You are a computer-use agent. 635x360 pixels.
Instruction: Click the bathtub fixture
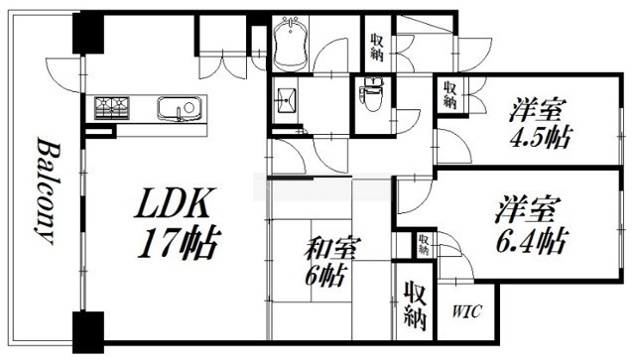(x=290, y=44)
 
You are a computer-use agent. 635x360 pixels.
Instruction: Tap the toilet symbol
(x=373, y=97)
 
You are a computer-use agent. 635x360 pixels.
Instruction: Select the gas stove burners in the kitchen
(x=111, y=108)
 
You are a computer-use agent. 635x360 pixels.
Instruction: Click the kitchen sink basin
(x=179, y=108)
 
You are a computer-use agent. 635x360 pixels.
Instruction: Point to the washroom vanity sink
(x=286, y=100)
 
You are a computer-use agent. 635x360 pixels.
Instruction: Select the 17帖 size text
(x=179, y=243)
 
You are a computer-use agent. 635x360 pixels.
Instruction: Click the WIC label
(x=467, y=311)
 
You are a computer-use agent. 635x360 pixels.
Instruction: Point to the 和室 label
(x=330, y=249)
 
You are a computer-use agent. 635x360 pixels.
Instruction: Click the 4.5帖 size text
(x=540, y=137)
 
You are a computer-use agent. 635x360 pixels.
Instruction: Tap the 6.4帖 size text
(x=531, y=241)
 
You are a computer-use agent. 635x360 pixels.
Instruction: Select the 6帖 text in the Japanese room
(x=325, y=276)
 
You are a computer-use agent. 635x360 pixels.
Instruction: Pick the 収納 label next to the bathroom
(x=377, y=47)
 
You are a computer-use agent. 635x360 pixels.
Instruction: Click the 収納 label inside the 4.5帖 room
(x=449, y=94)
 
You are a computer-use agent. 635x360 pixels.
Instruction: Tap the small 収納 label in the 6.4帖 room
(x=424, y=244)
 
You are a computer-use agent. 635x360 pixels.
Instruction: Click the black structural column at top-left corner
(x=88, y=33)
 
